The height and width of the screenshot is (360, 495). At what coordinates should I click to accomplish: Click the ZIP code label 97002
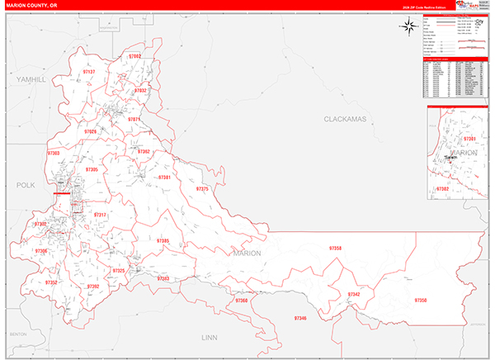click(135, 56)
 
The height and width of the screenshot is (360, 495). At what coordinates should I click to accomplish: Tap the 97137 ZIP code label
click(89, 72)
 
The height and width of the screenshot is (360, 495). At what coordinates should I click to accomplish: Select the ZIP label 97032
click(140, 90)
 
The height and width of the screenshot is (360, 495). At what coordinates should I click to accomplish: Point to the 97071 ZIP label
click(134, 120)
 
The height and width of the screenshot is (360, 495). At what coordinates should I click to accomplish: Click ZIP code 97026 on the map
click(90, 131)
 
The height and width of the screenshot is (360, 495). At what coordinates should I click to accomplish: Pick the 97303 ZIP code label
click(54, 153)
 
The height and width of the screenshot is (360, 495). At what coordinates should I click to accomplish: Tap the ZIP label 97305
click(92, 169)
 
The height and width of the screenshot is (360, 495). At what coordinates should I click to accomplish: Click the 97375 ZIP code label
click(202, 189)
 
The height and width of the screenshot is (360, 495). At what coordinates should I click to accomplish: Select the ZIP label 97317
click(100, 215)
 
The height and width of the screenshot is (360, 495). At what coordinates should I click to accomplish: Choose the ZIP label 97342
click(354, 294)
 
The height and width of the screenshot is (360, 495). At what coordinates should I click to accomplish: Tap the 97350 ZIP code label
click(421, 301)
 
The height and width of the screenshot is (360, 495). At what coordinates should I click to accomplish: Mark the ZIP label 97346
click(299, 318)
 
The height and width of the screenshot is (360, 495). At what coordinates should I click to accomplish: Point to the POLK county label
click(26, 186)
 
